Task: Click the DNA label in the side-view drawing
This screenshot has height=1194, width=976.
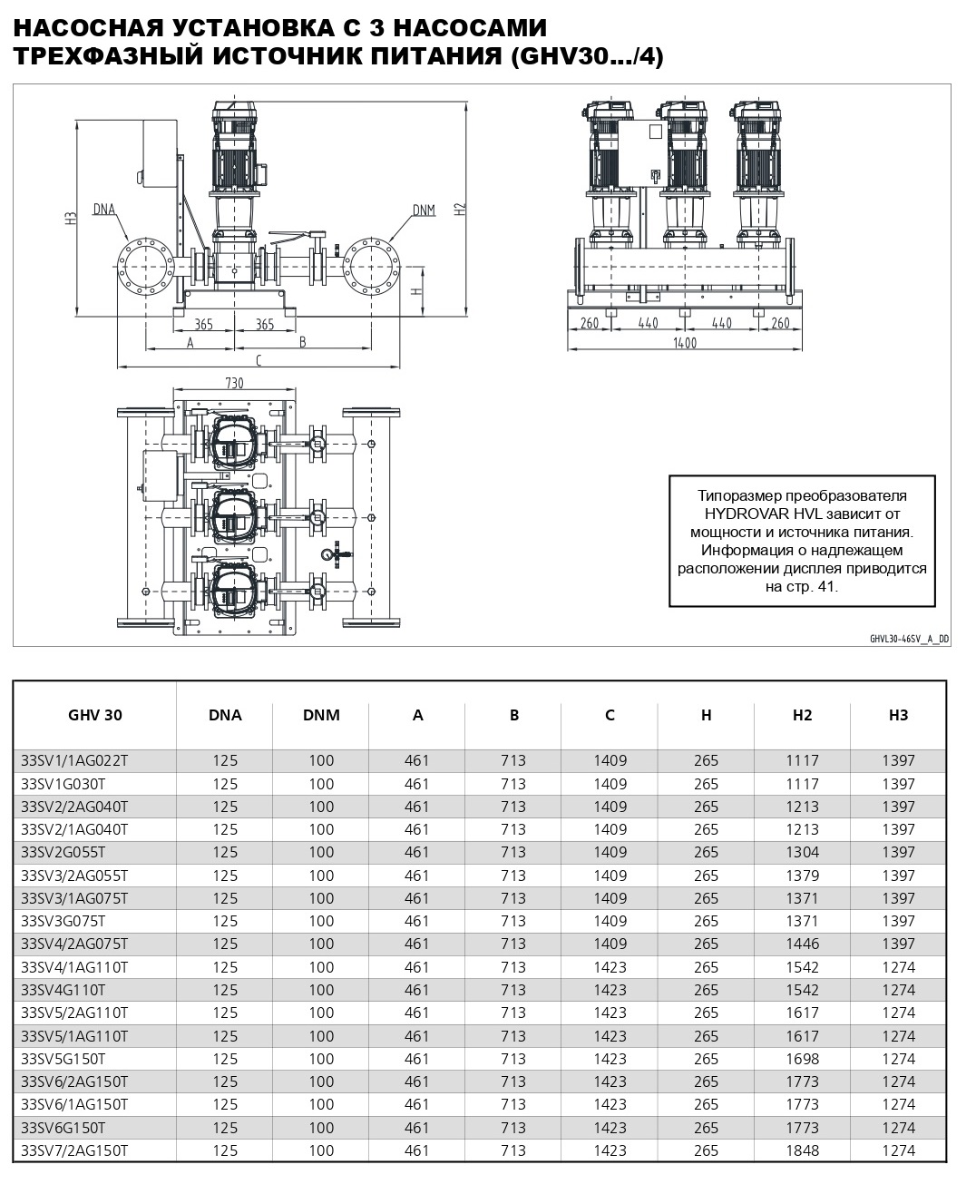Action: tap(104, 210)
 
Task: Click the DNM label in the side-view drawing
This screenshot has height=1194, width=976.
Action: tap(424, 210)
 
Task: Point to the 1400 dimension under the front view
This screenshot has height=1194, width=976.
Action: tap(685, 343)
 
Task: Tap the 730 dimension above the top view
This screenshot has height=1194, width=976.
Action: tap(234, 383)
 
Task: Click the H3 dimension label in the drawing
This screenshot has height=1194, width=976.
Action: tap(69, 218)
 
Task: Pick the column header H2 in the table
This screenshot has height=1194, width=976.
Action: tap(802, 715)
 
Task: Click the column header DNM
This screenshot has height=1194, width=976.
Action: tap(321, 715)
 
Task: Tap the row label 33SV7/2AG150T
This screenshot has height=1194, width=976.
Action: tap(74, 1150)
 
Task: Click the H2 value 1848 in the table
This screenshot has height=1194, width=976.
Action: tap(802, 1150)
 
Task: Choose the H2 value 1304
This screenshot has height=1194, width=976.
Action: tap(802, 852)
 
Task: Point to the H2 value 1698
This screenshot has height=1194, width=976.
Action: tap(802, 1059)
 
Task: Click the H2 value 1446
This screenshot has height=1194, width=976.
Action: tap(802, 944)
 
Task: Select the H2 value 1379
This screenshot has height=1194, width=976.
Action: tap(802, 876)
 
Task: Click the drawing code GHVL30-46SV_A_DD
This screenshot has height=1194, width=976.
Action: tap(909, 639)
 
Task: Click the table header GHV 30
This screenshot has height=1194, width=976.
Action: tap(94, 715)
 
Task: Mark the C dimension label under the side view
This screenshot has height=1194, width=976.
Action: tap(259, 360)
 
